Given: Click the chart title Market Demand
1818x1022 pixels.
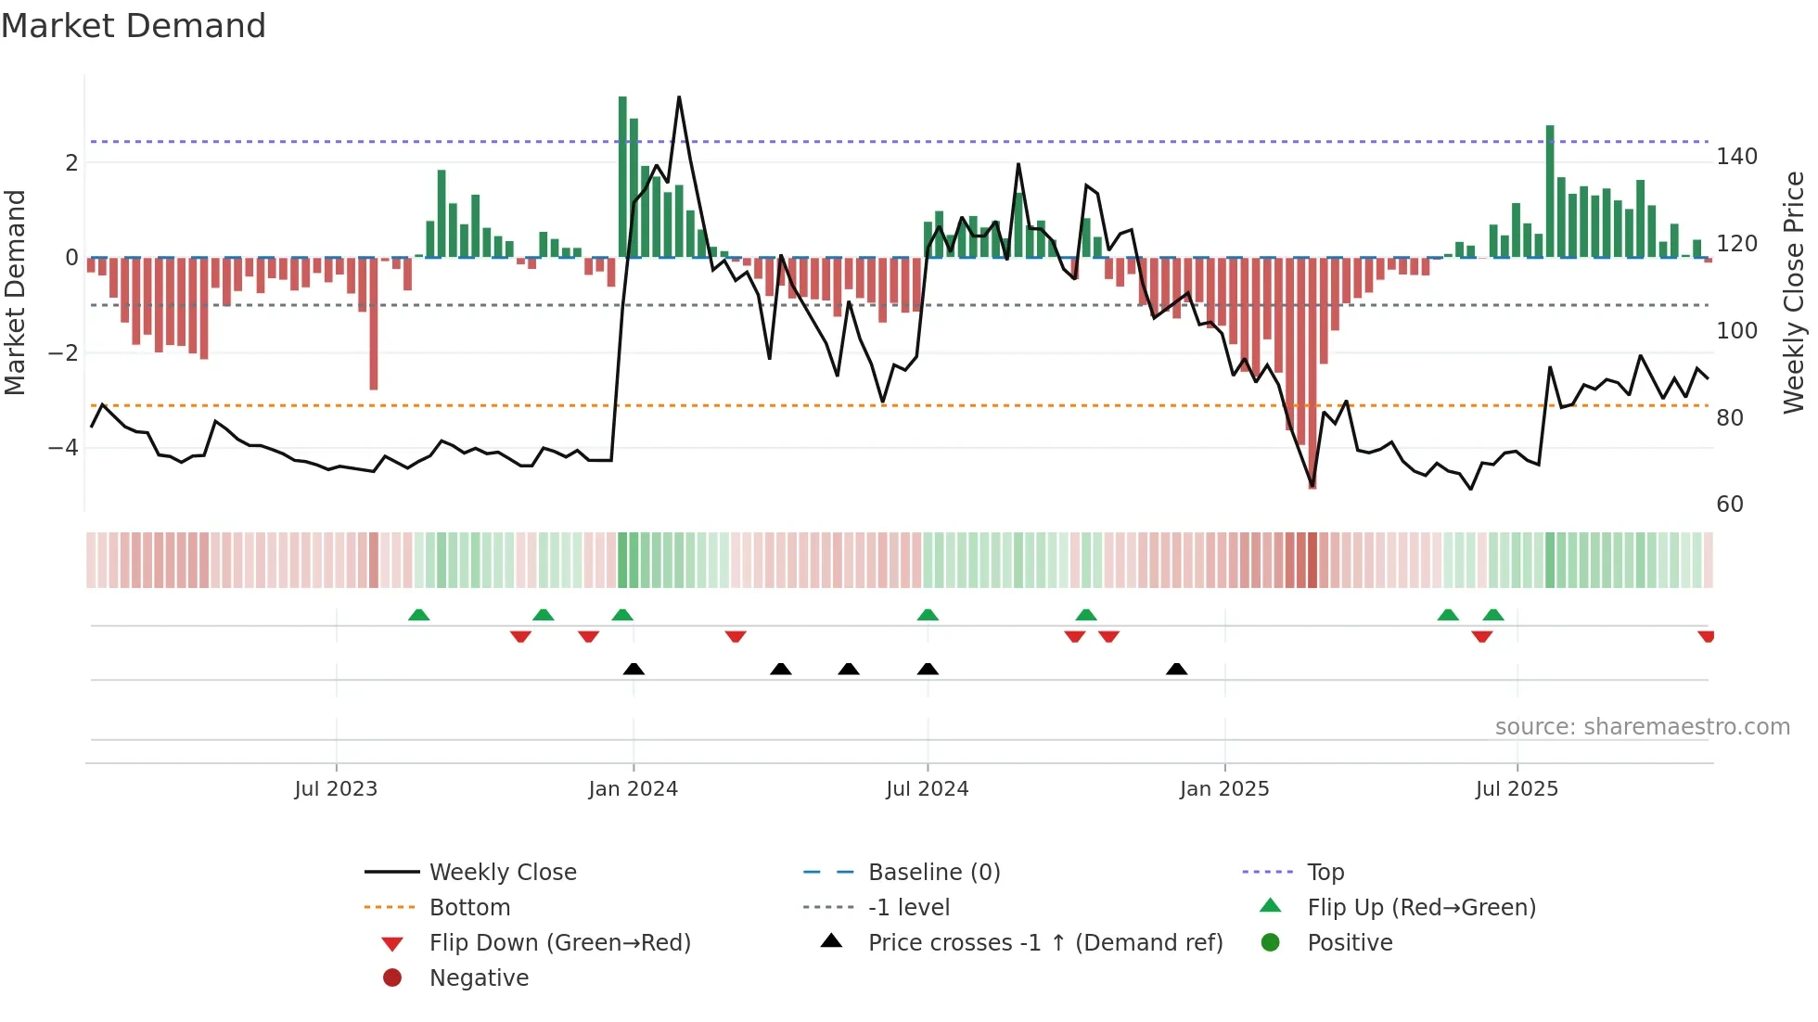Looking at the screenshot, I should tap(134, 26).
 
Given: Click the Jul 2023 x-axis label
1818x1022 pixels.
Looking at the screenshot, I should tap(336, 788).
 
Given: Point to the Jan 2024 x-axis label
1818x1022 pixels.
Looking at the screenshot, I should tap(633, 788).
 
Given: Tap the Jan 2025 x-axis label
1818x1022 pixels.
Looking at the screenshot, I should tap(1224, 788).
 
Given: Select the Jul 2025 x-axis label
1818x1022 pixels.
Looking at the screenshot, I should tap(1517, 788).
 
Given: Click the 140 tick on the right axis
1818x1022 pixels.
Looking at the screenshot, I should tap(1736, 157).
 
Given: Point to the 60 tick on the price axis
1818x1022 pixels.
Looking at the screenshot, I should tap(1730, 505).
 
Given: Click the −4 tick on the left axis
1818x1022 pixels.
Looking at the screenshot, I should tap(63, 448).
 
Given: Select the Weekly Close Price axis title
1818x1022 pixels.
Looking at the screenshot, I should tap(1794, 292).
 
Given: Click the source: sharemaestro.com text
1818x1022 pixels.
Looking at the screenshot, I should tap(1642, 727).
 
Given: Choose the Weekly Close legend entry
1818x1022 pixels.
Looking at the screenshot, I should tap(503, 872).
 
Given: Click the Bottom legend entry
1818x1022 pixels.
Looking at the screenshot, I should tap(469, 907).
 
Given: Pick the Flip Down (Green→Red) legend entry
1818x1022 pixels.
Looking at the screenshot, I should tap(559, 942).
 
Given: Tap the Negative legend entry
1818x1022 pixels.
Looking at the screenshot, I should tap(479, 977).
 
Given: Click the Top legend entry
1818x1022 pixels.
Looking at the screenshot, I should tap(1325, 872).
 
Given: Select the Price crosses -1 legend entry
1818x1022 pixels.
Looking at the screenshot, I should tap(1045, 942).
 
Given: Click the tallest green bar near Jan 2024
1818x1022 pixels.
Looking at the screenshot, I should tap(622, 176).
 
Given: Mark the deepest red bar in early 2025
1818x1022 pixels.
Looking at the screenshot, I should tap(1312, 371).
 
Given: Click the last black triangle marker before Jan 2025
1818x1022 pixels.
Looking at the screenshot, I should tap(1176, 669).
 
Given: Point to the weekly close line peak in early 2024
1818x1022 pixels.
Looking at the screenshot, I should tap(679, 97).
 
